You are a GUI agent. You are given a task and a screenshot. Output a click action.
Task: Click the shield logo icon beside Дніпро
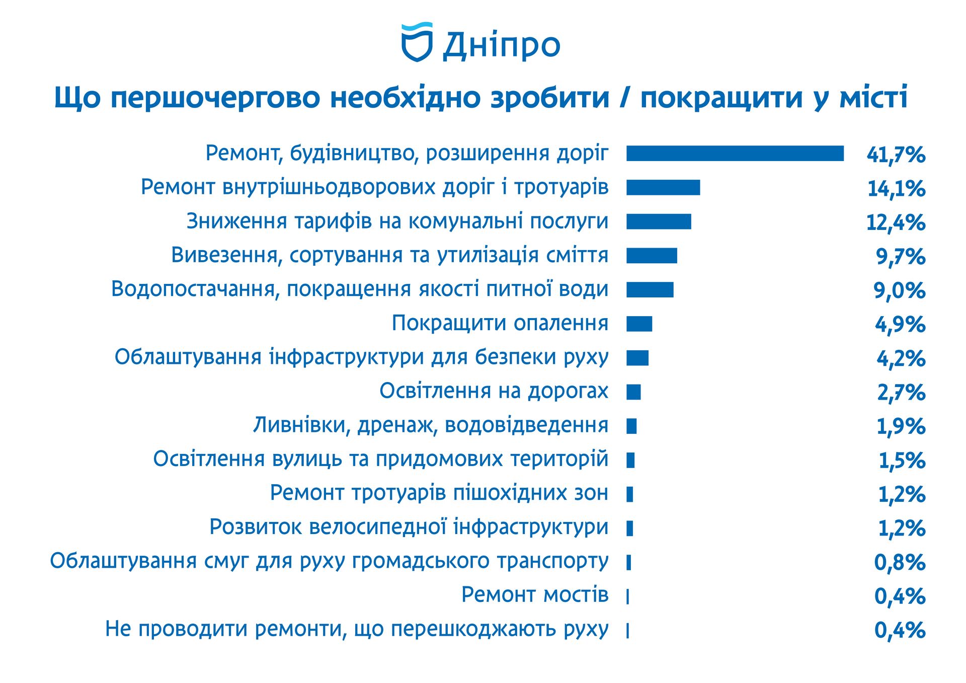(417, 43)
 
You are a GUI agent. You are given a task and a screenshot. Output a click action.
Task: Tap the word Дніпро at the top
(501, 46)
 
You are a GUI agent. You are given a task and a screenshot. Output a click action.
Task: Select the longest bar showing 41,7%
(735, 154)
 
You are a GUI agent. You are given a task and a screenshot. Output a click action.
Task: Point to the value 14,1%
(896, 189)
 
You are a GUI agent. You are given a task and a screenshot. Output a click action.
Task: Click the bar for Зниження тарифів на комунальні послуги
(659, 221)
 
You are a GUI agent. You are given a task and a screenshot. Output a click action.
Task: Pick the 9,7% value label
(900, 257)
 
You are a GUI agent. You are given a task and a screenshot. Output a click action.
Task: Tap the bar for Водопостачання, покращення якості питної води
(650, 290)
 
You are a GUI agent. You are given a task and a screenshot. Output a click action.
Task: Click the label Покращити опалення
(500, 323)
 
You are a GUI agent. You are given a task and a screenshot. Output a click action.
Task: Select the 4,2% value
(901, 359)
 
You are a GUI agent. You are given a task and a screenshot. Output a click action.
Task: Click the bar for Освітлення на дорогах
(633, 392)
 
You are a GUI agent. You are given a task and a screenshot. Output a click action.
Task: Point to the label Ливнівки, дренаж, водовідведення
(431, 425)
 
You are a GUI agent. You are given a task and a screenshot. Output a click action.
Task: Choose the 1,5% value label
(902, 461)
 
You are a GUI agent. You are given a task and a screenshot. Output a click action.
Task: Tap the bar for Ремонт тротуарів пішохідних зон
(630, 494)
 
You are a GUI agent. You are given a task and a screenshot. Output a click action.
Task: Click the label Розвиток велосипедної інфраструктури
(409, 527)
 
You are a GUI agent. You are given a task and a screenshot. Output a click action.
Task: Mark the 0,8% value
(900, 562)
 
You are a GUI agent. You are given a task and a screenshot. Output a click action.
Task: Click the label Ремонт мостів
(535, 595)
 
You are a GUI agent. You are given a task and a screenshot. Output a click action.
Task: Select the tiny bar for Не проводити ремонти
(628, 631)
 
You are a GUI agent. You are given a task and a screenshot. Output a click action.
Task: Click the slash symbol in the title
(624, 98)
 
